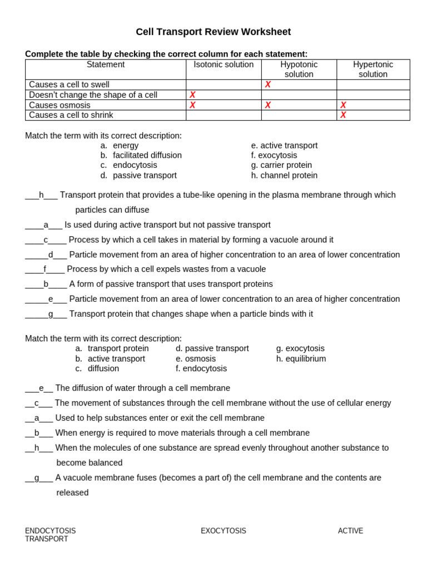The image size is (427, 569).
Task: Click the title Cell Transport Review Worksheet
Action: [x=213, y=32]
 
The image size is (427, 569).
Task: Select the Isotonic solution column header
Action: [x=224, y=64]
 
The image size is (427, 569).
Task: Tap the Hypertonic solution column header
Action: [x=373, y=69]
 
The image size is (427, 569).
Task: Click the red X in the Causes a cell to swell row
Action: [x=267, y=84]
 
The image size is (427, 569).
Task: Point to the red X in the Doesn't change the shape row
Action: [x=192, y=95]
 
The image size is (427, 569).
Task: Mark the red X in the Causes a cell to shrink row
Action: [x=343, y=115]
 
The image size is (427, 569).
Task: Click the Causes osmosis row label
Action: [x=59, y=105]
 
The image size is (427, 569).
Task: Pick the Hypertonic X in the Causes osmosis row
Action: [x=343, y=105]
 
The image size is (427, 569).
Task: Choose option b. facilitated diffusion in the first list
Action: [x=141, y=155]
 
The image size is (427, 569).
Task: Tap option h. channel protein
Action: [x=284, y=175]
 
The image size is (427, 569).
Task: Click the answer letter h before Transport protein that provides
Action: [x=41, y=195]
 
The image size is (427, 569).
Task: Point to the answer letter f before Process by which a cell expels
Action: [x=45, y=269]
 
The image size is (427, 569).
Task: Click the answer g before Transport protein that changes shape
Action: [x=51, y=314]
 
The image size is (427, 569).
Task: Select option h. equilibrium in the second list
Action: [x=301, y=358]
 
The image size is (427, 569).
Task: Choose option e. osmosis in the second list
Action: [x=196, y=358]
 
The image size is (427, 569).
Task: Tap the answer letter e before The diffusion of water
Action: [x=41, y=388]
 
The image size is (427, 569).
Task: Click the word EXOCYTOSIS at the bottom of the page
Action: [x=223, y=531]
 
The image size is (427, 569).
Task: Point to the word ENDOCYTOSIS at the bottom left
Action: [x=50, y=531]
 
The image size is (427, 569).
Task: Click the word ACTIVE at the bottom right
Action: [x=350, y=531]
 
